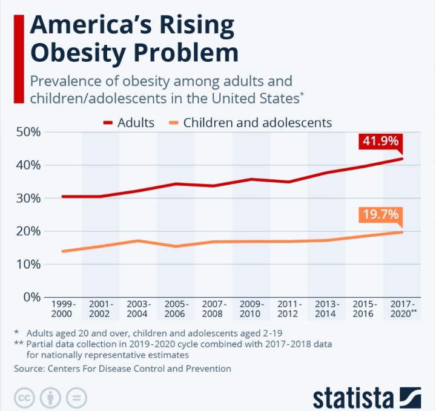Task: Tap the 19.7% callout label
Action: pyautogui.click(x=380, y=214)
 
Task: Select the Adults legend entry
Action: pyautogui.click(x=128, y=122)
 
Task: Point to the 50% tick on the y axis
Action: pyautogui.click(x=27, y=132)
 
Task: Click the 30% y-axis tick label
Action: pyautogui.click(x=27, y=198)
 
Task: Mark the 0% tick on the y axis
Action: pyautogui.click(x=30, y=297)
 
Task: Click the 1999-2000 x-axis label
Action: pyautogui.click(x=62, y=309)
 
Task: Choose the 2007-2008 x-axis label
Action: pyautogui.click(x=213, y=309)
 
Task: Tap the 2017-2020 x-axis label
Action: pyautogui.click(x=402, y=309)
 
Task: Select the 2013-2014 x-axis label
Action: pyautogui.click(x=326, y=309)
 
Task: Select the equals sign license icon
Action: pyautogui.click(x=76, y=398)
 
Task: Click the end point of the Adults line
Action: pyautogui.click(x=401, y=159)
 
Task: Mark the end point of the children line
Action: pyautogui.click(x=401, y=232)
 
